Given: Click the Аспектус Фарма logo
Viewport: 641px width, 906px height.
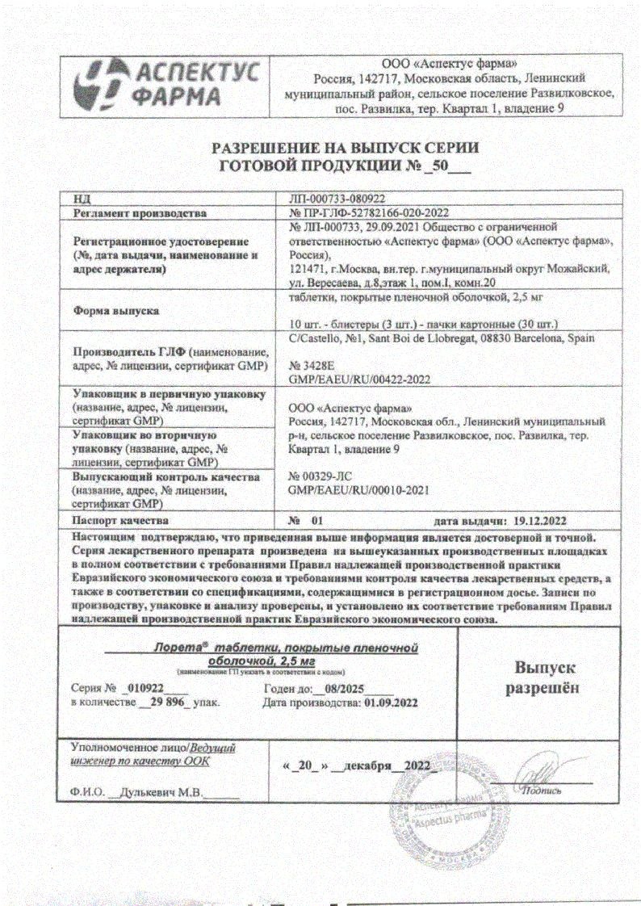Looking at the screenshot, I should pyautogui.click(x=166, y=85).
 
